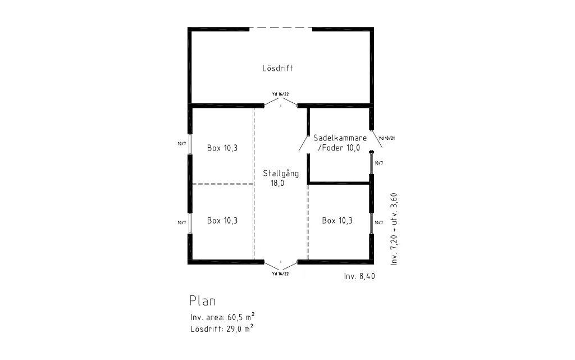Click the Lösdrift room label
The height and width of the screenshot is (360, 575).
pos(277,68)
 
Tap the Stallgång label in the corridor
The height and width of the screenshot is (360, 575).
pos(281,174)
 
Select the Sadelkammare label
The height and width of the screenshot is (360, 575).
pos(340,138)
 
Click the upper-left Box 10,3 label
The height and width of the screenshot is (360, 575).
pos(222,148)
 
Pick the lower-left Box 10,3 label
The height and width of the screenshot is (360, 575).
pos(222,220)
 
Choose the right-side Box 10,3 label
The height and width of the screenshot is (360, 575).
pos(337,220)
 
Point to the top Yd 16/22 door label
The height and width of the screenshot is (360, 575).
pos(280,94)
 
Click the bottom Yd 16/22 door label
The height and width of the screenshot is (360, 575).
pos(280,274)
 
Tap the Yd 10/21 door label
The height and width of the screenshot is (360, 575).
pos(386,138)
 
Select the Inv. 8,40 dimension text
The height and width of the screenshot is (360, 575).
pos(359,276)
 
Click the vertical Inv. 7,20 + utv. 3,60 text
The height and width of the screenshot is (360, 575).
pos(394,229)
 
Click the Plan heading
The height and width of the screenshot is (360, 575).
pos(202,300)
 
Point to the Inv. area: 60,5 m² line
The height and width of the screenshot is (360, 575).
pos(222,317)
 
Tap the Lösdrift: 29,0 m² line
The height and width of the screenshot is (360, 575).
pos(222,329)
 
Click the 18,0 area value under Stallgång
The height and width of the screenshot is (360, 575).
pos(277,183)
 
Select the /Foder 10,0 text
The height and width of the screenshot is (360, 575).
pos(339,148)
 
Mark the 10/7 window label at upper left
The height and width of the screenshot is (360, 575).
pos(182,144)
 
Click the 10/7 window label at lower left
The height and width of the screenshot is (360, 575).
pos(182,222)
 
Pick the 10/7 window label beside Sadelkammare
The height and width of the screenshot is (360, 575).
pos(379,163)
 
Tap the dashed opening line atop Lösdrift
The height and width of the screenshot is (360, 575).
pos(281,28)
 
